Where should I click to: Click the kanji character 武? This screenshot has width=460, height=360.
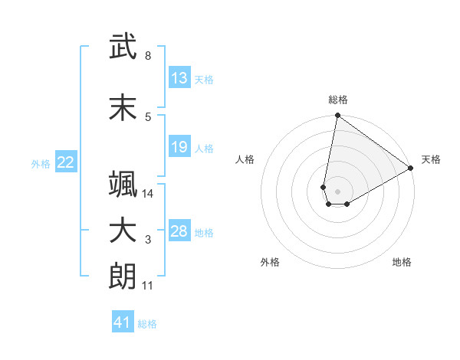pyautogui.click(x=123, y=47)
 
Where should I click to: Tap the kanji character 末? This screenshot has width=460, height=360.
pyautogui.click(x=123, y=108)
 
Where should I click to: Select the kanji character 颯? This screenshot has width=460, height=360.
pyautogui.click(x=123, y=185)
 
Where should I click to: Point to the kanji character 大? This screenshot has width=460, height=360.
pyautogui.click(x=123, y=231)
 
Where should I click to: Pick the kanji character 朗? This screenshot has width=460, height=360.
pyautogui.click(x=123, y=277)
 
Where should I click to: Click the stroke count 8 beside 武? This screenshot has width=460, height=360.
pyautogui.click(x=148, y=56)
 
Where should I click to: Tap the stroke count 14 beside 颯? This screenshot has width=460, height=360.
pyautogui.click(x=148, y=194)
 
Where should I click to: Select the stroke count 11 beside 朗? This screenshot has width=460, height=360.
pyautogui.click(x=148, y=286)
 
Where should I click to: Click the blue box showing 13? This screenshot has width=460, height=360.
pyautogui.click(x=179, y=78)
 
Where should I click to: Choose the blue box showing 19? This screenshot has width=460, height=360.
pyautogui.click(x=179, y=147)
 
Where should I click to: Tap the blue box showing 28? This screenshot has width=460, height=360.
pyautogui.click(x=179, y=231)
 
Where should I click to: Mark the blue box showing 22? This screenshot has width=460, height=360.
pyautogui.click(x=66, y=162)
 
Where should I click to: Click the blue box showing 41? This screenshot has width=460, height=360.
pyautogui.click(x=123, y=322)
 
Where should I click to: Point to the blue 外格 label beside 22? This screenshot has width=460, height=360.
pyautogui.click(x=41, y=163)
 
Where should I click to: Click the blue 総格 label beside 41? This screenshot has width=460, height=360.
pyautogui.click(x=147, y=324)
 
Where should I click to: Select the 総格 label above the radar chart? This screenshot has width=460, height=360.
pyautogui.click(x=337, y=100)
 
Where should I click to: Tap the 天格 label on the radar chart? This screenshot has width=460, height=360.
pyautogui.click(x=431, y=159)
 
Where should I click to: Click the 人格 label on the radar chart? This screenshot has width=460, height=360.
pyautogui.click(x=245, y=159)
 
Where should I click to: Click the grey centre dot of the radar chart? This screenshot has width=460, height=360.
pyautogui.click(x=337, y=191)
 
